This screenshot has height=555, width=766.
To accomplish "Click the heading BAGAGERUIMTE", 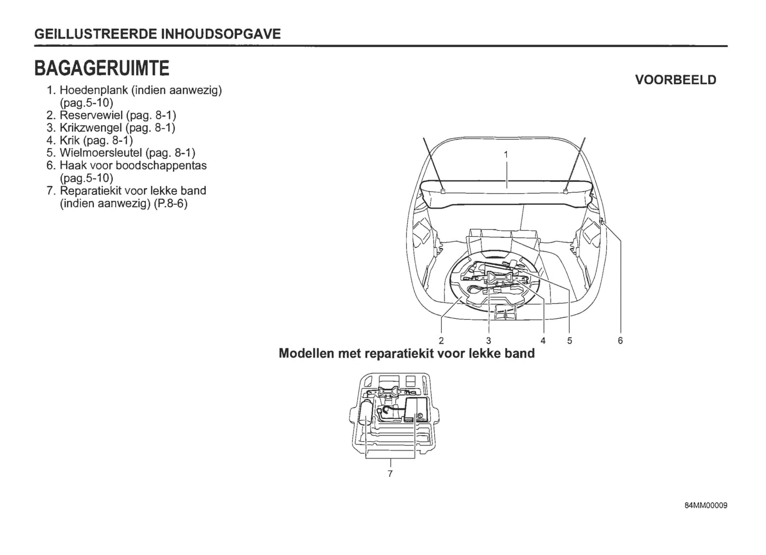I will tap(102, 68).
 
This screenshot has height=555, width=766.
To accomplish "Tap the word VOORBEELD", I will tap(675, 80).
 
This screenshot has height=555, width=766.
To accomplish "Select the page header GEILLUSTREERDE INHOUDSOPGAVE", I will tap(157, 34).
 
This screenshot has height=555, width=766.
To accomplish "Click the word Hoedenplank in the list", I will tap(94, 90).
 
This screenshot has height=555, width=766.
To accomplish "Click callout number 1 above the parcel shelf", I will tap(506, 154).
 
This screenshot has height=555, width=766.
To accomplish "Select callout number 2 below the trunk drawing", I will tap(441, 341).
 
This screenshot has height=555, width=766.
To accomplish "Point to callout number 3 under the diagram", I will tap(488, 341).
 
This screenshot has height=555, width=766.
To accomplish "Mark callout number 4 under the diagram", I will tap(543, 341).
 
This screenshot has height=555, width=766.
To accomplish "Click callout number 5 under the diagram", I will tap(569, 341).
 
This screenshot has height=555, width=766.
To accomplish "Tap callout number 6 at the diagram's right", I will tap(620, 341).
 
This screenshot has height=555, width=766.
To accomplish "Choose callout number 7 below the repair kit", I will tap(390, 473).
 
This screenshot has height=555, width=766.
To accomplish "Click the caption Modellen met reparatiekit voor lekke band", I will tap(407, 353).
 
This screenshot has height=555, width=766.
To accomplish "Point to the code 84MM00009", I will tap(706, 505).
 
